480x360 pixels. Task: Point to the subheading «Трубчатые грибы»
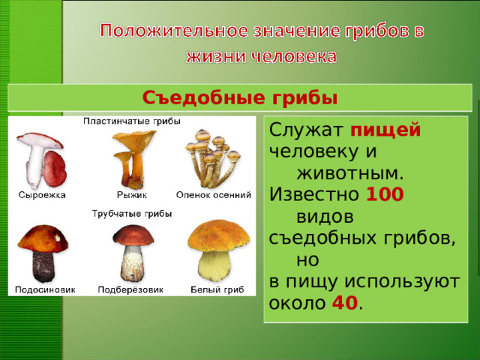pos(131,214)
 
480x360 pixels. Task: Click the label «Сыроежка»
pos(42,195)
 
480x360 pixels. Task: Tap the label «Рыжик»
pos(131,195)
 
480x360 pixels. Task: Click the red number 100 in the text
pos(385,195)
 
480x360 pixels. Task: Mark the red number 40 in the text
pos(343,304)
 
